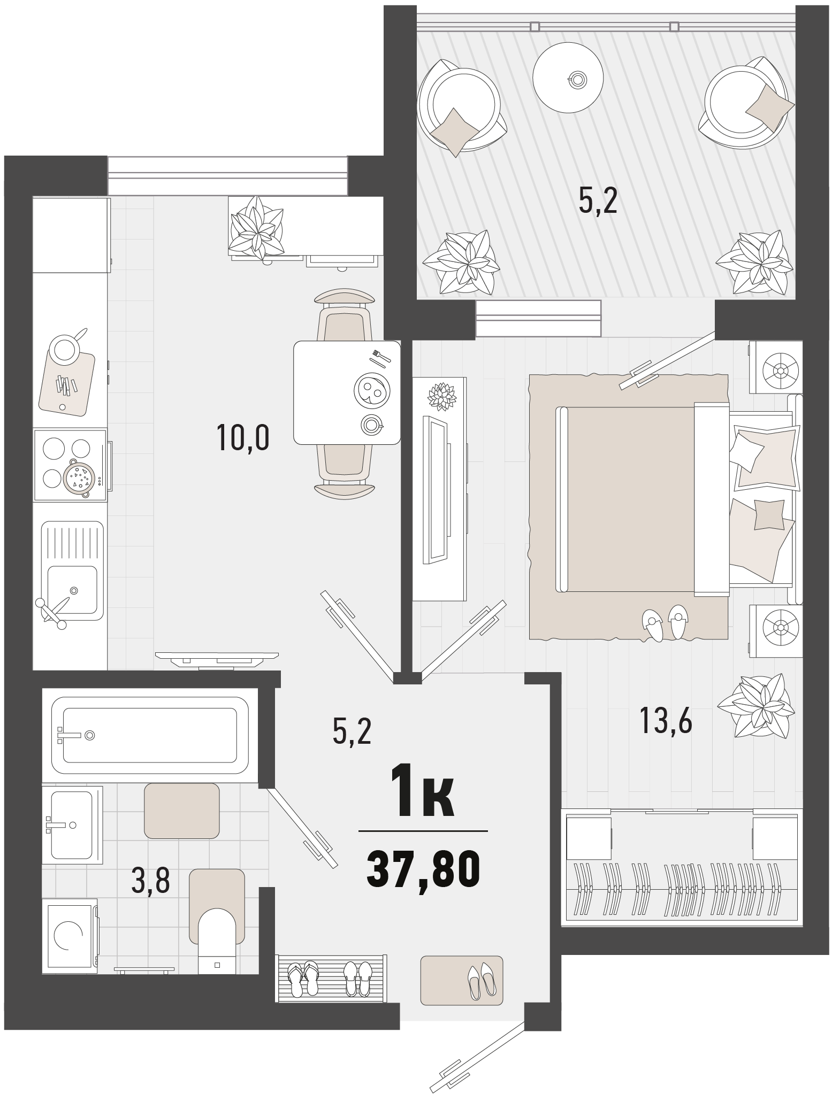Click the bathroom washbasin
[73, 824]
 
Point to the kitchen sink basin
[72, 589]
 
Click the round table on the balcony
[568, 78]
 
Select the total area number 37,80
[423, 870]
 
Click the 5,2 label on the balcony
[598, 201]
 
